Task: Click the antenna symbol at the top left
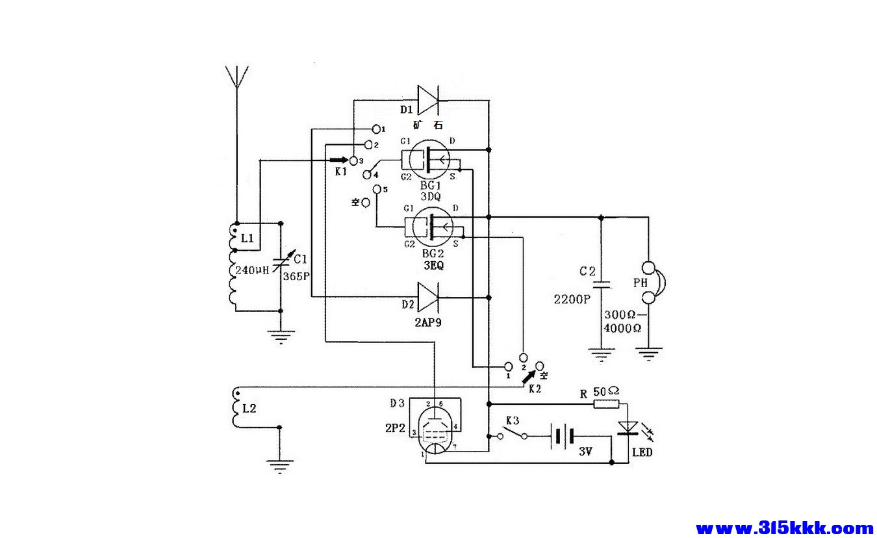[236, 77]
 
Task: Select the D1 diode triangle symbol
[428, 99]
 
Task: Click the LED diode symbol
[628, 428]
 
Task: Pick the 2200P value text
[572, 300]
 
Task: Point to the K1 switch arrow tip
[344, 159]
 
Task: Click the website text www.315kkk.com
[784, 528]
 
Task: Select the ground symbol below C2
[602, 355]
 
